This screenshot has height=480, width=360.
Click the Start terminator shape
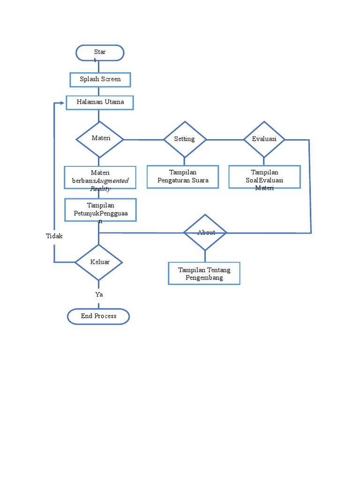(100, 53)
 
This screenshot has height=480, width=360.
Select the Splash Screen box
(100, 79)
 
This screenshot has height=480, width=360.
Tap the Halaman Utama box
(100, 102)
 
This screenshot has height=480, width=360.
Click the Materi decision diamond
(100, 139)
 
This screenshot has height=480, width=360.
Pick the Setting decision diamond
(185, 139)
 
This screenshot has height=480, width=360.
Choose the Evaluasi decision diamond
(264, 139)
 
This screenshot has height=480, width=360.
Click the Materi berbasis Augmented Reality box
(100, 177)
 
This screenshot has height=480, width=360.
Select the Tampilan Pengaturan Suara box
(183, 177)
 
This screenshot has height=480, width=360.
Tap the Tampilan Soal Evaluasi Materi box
(264, 177)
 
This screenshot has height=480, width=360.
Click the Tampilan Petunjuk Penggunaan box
(100, 210)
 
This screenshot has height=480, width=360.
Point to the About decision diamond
(205, 232)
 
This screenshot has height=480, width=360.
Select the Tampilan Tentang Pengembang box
(204, 273)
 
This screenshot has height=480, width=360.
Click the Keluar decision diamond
(99, 262)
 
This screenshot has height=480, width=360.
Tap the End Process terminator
(98, 316)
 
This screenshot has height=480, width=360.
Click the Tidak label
(54, 236)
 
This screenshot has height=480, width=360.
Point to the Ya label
(99, 294)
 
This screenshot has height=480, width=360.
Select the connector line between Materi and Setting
(143, 140)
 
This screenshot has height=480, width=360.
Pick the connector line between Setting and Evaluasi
(225, 140)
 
